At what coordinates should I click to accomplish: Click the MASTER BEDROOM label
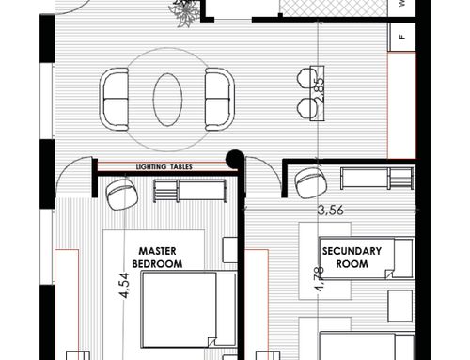pyautogui.click(x=157, y=258)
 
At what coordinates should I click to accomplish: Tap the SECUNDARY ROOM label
pyautogui.click(x=352, y=258)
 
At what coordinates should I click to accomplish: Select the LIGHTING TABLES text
pyautogui.click(x=164, y=167)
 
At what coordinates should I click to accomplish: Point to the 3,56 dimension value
pyautogui.click(x=331, y=210)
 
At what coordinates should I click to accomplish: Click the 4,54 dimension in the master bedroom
pyautogui.click(x=124, y=285)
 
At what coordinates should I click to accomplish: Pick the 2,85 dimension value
pyautogui.click(x=319, y=88)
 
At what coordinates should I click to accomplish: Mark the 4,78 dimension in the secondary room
pyautogui.click(x=320, y=279)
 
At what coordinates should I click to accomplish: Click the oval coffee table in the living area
pyautogui.click(x=167, y=100)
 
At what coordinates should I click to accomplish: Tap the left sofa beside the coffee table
pyautogui.click(x=115, y=100)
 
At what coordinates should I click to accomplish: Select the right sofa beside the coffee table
pyautogui.click(x=220, y=100)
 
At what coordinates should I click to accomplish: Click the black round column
pyautogui.click(x=235, y=159)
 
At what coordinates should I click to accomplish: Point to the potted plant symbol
pyautogui.click(x=185, y=12)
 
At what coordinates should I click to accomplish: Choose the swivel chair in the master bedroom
pyautogui.click(x=122, y=195)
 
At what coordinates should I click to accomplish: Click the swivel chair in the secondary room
pyautogui.click(x=311, y=183)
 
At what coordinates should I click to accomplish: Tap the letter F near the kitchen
pyautogui.click(x=402, y=37)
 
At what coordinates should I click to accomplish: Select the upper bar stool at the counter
pyautogui.click(x=304, y=78)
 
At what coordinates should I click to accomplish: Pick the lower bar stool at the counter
pyautogui.click(x=304, y=108)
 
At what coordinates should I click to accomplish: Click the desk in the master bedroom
pyautogui.click(x=190, y=191)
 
